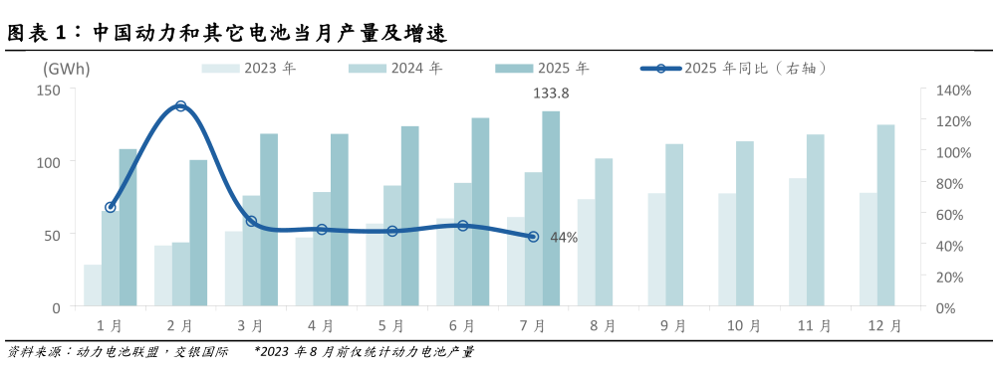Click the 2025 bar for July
coord(551,209)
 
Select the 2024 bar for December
coord(885,215)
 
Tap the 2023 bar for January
coord(93,285)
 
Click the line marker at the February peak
coord(180,105)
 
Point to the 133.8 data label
coord(551,93)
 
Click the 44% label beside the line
coord(564,238)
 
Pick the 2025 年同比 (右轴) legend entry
coord(734,69)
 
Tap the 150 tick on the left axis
coord(49,90)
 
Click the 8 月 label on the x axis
coord(603,325)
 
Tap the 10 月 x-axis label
coord(744,325)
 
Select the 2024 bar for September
coord(674,225)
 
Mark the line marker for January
coord(111,207)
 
